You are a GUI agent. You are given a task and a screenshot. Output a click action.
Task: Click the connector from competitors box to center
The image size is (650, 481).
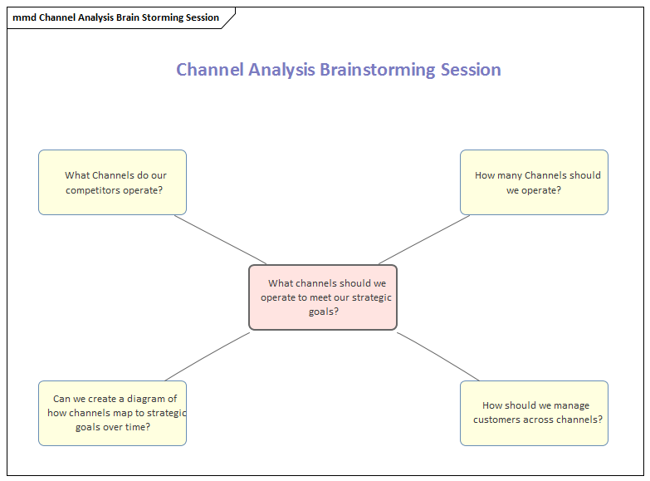(221, 239)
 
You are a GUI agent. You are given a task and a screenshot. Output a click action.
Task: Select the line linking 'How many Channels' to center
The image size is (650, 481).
(424, 239)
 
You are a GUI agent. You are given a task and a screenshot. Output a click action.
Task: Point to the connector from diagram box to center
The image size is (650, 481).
(208, 356)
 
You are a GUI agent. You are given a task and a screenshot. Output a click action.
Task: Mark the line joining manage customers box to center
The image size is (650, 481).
(437, 356)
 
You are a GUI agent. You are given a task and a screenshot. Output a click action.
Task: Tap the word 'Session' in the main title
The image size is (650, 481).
(471, 70)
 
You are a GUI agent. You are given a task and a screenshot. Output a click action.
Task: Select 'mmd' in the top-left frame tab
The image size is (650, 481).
(24, 17)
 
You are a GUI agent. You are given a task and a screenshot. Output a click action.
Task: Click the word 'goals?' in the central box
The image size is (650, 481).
(323, 312)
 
